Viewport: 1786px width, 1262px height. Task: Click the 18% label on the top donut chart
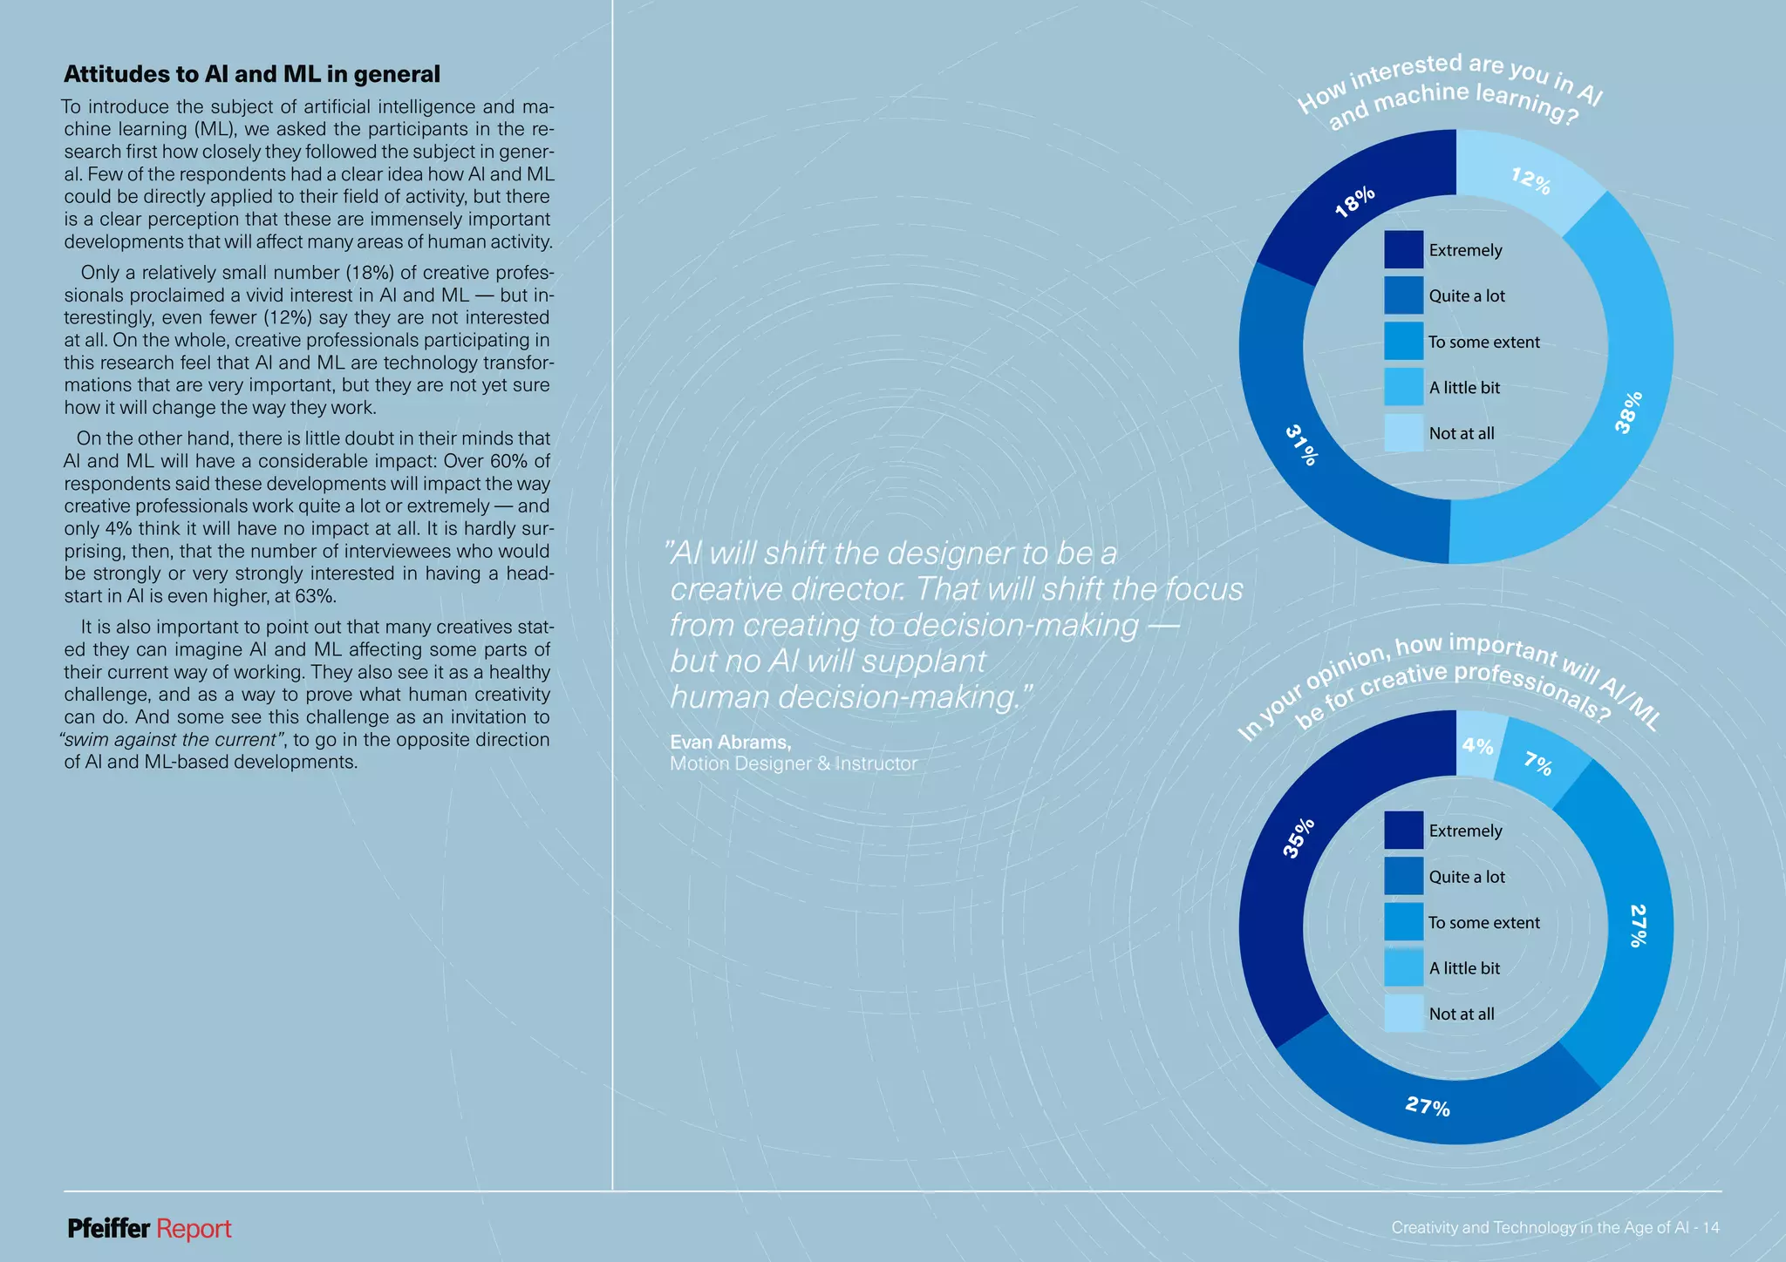[x=1355, y=201]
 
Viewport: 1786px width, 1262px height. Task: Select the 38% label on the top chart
[x=1628, y=412]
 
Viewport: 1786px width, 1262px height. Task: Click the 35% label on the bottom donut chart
[x=1299, y=838]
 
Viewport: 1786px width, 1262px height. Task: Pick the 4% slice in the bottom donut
[x=1477, y=746]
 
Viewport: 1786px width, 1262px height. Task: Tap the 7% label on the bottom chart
[x=1538, y=763]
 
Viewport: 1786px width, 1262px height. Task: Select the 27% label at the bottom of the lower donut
[x=1428, y=1107]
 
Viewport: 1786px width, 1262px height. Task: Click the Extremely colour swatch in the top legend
[x=1403, y=250]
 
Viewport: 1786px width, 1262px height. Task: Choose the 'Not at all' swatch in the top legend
[x=1403, y=433]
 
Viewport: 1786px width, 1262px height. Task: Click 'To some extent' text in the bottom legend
[x=1483, y=922]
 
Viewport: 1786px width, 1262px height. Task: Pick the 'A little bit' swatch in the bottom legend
[x=1403, y=968]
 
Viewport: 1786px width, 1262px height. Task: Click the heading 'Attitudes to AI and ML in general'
[x=252, y=74]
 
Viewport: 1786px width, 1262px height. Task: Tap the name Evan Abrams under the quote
[x=730, y=742]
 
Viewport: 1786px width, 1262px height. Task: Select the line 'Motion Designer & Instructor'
[x=793, y=763]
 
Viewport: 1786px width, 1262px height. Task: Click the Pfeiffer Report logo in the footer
[x=149, y=1229]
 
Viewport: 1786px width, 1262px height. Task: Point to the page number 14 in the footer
[x=1710, y=1228]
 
